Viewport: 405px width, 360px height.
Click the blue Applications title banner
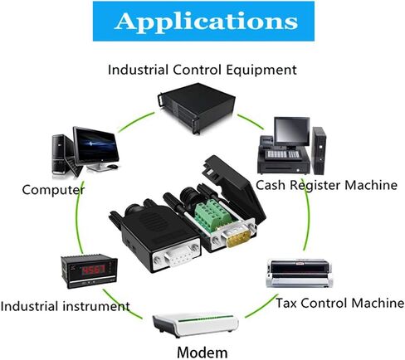tap(203, 22)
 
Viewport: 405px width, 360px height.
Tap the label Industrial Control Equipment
tap(202, 70)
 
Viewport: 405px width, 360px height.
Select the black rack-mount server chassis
tap(197, 107)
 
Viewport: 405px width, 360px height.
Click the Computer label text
tap(53, 190)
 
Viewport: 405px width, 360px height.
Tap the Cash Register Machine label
tap(326, 185)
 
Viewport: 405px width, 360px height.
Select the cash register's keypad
tap(283, 155)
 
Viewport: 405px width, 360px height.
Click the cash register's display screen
tap(292, 131)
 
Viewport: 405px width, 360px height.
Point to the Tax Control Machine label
tap(340, 303)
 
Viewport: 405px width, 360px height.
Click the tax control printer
tap(300, 274)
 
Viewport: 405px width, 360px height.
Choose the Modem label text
tap(202, 353)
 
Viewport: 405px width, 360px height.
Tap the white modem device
tap(195, 325)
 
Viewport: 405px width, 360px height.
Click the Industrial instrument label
tap(66, 306)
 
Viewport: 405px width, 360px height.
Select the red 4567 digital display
tap(95, 270)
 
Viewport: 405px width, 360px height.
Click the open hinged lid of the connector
tap(235, 187)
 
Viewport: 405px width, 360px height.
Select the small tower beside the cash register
tap(319, 151)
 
